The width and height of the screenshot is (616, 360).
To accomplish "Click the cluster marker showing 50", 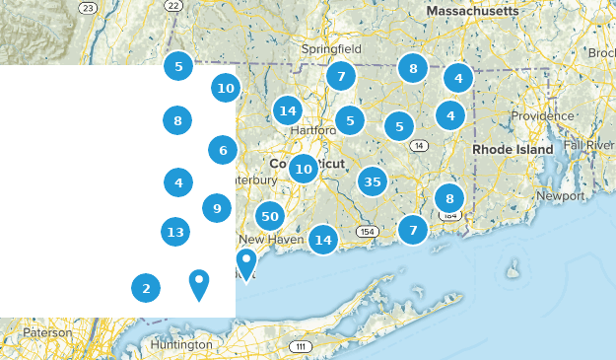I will (270, 216).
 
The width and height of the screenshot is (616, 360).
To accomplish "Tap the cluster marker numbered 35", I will (372, 181).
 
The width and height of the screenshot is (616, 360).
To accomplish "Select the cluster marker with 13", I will (175, 232).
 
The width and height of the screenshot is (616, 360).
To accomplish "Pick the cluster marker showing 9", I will (217, 207).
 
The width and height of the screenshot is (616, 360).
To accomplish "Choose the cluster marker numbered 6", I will (223, 150).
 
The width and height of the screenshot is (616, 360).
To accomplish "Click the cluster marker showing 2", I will (146, 288).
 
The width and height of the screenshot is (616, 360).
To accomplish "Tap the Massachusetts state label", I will (472, 10).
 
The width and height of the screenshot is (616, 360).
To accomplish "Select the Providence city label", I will (541, 115).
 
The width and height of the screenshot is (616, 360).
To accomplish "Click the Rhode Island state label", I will (513, 149).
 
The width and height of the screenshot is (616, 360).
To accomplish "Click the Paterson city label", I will (48, 332).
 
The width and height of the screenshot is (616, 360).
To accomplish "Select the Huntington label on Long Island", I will (182, 344).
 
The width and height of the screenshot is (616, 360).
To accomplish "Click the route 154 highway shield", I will (368, 231).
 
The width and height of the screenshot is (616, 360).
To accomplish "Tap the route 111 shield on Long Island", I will (302, 347).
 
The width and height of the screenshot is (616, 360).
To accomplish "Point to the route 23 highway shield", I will (88, 8).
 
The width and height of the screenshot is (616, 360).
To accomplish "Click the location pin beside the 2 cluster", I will (199, 284).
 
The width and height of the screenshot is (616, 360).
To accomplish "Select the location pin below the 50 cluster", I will (245, 263).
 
